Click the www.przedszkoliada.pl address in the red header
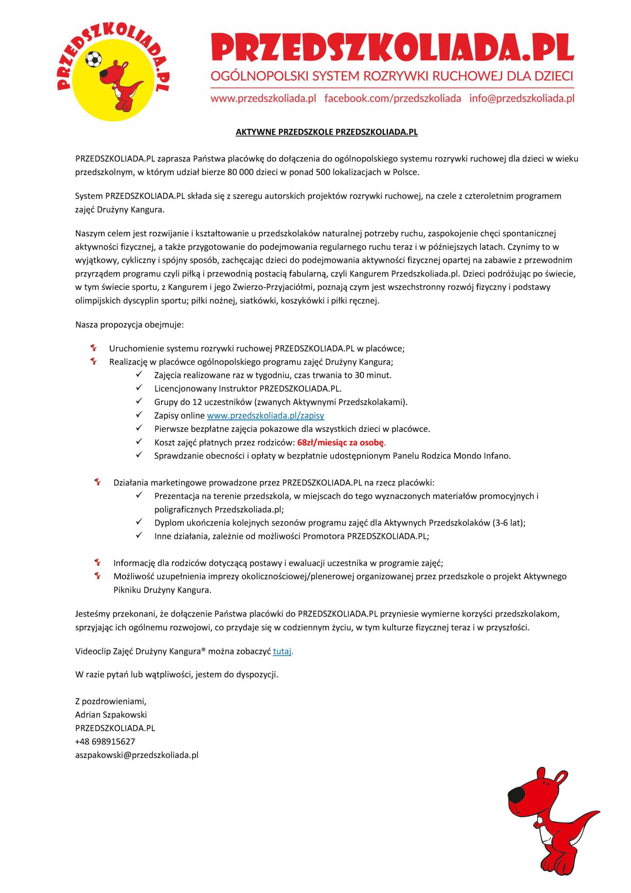click(x=263, y=98)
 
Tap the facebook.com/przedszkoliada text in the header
click(x=393, y=98)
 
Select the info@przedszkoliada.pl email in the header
click(x=522, y=98)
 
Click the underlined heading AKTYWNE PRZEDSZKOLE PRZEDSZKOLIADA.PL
click(x=327, y=132)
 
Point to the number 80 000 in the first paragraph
click(x=240, y=172)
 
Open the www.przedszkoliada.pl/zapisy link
click(x=266, y=416)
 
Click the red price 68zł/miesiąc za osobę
click(x=341, y=442)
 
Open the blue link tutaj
click(x=282, y=652)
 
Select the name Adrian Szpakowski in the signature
click(x=111, y=715)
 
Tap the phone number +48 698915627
click(x=105, y=742)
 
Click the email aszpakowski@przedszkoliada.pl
click(x=137, y=755)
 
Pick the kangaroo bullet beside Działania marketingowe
click(x=98, y=482)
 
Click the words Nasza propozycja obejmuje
click(x=129, y=325)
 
